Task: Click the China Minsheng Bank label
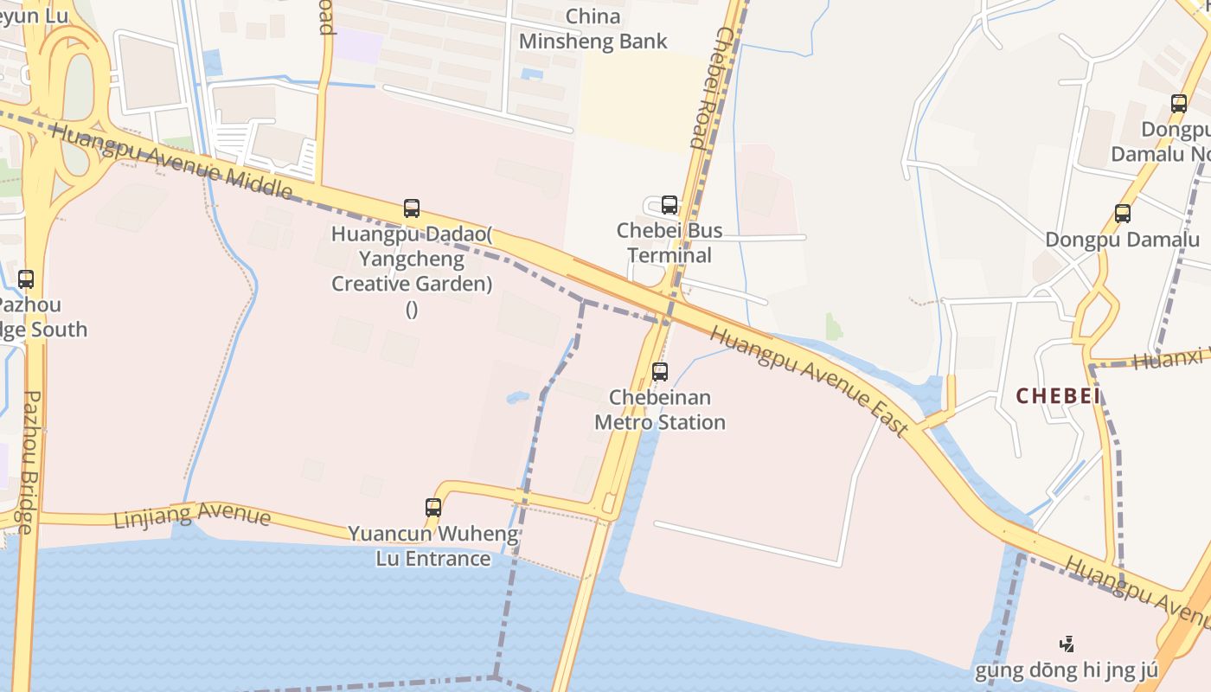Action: [x=593, y=29]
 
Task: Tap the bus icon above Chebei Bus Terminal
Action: [x=669, y=205]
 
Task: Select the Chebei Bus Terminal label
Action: [x=670, y=243]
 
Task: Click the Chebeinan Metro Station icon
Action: [x=660, y=372]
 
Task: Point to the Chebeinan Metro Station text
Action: [x=659, y=410]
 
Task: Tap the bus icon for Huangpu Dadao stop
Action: [x=412, y=208]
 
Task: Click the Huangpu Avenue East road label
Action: [x=810, y=381]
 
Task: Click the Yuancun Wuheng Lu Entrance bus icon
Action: [x=433, y=508]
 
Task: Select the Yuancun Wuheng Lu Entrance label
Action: [x=433, y=546]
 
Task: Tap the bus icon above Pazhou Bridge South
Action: [x=26, y=279]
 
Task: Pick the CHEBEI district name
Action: [x=1058, y=396]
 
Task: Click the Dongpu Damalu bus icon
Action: [x=1123, y=213]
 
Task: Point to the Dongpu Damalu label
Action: [x=1123, y=240]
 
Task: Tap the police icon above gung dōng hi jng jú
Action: [x=1067, y=644]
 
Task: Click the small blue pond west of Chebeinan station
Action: [x=517, y=397]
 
